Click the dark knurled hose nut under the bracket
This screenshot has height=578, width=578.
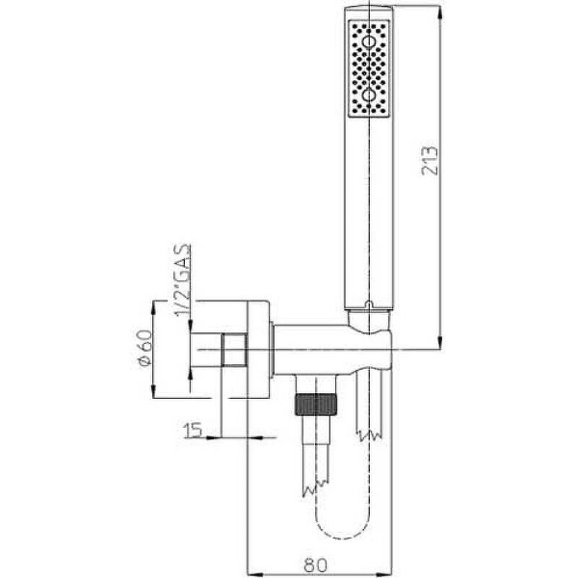[316, 404]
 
